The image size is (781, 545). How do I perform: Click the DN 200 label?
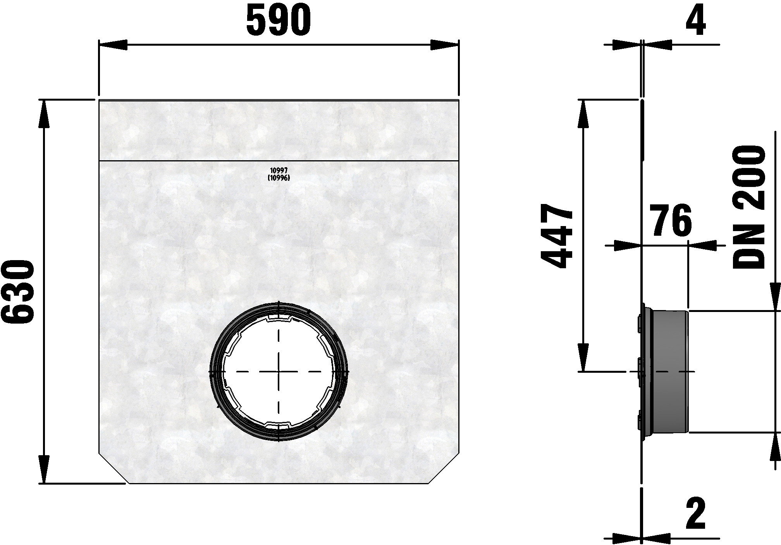point(749,213)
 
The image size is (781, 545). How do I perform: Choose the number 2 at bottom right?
point(695,514)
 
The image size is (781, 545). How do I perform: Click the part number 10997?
point(279,170)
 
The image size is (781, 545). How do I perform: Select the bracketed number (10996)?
point(279,178)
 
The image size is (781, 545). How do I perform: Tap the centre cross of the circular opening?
point(279,372)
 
